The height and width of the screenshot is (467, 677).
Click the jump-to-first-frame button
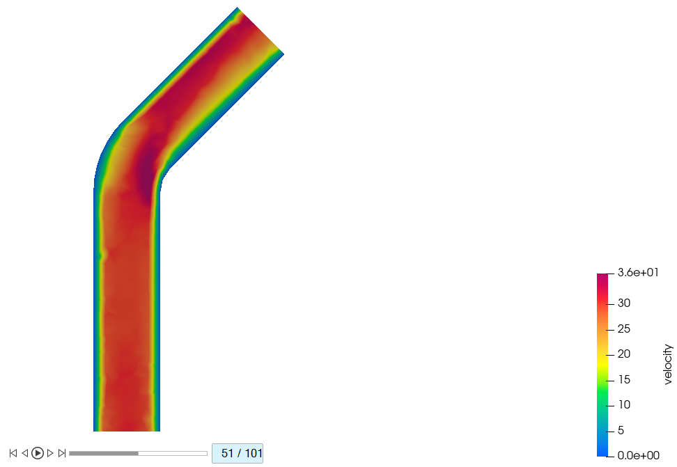(x=13, y=453)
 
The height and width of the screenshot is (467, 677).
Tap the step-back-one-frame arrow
(x=25, y=453)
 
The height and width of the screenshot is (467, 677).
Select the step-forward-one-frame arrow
(x=50, y=453)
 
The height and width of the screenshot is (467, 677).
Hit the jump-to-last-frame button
(x=62, y=453)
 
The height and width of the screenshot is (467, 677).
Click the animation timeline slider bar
(x=138, y=453)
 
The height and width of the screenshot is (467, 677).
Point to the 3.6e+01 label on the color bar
(x=638, y=272)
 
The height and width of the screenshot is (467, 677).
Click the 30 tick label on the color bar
(x=624, y=303)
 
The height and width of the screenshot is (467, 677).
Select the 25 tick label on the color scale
(x=624, y=329)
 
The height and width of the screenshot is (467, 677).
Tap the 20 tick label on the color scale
(x=624, y=354)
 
